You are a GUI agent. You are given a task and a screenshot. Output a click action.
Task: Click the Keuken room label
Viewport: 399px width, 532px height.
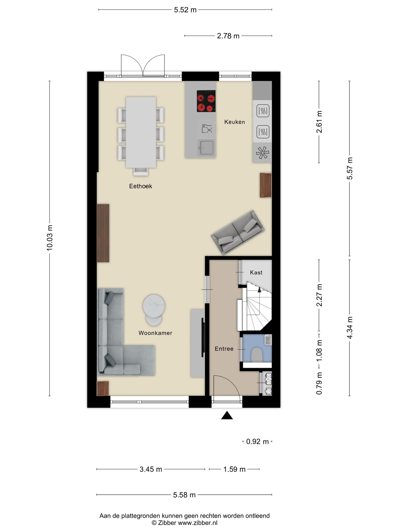tap(234, 122)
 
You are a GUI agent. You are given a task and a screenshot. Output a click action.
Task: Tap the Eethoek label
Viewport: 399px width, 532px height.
tap(140, 186)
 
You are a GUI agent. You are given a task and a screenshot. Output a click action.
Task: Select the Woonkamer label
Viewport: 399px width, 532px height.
tap(155, 333)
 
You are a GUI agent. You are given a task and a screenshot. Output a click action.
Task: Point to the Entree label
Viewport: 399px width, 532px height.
tap(224, 349)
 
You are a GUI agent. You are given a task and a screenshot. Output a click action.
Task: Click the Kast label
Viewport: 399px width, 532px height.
tap(256, 273)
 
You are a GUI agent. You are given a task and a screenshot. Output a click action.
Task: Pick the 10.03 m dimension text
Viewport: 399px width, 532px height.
tap(50, 238)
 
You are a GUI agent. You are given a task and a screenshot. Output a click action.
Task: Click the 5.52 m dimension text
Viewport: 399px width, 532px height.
tap(185, 10)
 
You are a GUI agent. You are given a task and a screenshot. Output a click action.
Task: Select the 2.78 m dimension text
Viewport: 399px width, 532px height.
tap(228, 36)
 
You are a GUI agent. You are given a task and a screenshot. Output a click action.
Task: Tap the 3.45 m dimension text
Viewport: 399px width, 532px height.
tap(151, 469)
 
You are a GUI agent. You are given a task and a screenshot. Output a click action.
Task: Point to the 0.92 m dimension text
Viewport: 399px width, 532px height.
tap(257, 442)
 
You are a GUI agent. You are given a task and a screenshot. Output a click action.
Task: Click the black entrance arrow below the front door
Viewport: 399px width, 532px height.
tap(227, 415)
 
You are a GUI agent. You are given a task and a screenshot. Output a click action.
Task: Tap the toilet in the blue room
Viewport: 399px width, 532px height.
tap(257, 355)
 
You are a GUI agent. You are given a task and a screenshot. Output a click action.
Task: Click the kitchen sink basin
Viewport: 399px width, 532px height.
tap(206, 147)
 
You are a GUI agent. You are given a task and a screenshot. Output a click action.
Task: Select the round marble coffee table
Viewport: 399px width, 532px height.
tap(154, 306)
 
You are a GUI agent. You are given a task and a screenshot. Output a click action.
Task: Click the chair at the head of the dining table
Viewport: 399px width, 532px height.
tap(141, 172)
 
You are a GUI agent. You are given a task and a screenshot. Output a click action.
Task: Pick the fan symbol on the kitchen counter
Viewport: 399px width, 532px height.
tap(262, 153)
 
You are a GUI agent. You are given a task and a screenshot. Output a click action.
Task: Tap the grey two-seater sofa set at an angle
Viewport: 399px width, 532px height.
tap(238, 232)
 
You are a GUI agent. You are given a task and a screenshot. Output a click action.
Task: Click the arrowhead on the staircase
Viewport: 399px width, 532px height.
tap(259, 290)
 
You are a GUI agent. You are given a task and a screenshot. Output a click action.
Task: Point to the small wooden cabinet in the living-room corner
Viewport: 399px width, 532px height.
tap(103, 388)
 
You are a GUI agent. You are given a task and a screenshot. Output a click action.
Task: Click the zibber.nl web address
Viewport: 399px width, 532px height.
tap(198, 523)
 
